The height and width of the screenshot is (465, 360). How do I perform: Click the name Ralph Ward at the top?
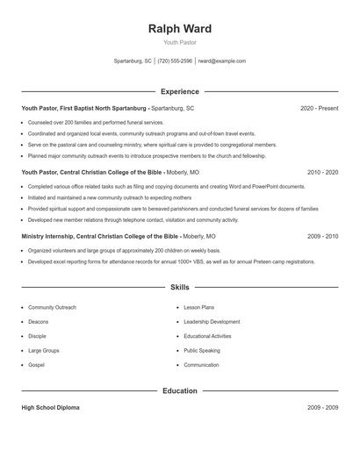coord(179,29)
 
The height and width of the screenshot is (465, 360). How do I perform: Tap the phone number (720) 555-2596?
coord(176,61)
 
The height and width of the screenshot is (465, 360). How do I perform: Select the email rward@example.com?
coord(222,61)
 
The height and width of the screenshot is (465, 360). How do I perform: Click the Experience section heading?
coord(179,91)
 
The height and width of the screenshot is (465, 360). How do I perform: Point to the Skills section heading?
coord(179,287)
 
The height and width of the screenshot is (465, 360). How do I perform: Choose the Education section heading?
coord(179,391)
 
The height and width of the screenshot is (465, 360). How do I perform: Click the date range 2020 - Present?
coord(319,108)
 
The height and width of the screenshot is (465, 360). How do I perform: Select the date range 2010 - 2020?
coord(322,173)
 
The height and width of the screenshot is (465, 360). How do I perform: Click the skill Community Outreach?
coord(52,308)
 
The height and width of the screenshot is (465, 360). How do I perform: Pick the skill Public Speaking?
coord(202,350)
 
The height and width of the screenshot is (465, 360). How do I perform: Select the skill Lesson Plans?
coord(198,308)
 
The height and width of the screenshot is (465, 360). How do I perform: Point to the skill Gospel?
coord(36,365)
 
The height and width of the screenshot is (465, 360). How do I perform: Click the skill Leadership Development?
coord(212,322)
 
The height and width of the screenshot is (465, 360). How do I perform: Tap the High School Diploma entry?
coord(51,408)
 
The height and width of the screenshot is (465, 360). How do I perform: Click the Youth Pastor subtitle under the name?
coord(179,42)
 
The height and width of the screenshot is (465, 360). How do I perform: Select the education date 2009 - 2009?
coord(322,408)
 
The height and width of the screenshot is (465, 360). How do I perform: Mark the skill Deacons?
coord(38,322)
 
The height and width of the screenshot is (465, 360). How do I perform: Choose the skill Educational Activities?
coord(207,336)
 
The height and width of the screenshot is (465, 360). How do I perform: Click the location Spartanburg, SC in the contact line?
coord(133,61)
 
